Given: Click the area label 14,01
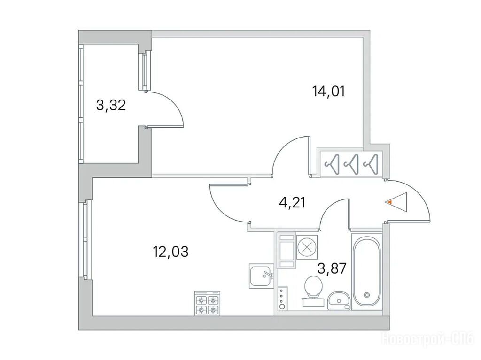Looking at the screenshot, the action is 328,92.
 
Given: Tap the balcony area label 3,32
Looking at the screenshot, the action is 111,106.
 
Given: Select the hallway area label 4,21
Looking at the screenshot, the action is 292,203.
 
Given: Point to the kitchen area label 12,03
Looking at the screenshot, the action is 171,252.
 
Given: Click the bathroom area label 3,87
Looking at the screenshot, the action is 332,269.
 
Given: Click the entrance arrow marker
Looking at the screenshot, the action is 397,202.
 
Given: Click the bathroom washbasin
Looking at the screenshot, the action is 338,300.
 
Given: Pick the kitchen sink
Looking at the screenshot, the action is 261,276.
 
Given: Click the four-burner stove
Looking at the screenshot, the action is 207,303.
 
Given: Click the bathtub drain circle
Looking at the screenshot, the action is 366,295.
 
